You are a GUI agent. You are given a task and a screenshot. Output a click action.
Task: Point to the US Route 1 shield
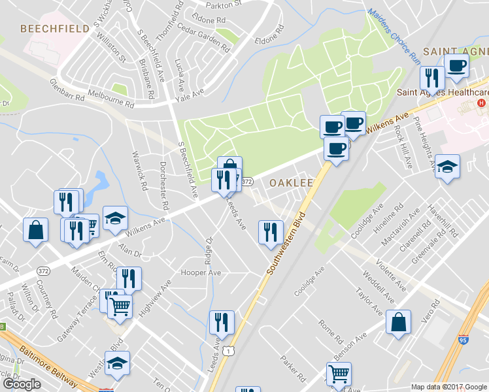227,352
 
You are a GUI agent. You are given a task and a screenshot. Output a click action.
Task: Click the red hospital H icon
482,104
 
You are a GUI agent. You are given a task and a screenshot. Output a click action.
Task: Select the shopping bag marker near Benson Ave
397,322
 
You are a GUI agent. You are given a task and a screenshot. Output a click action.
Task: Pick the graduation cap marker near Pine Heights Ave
447,167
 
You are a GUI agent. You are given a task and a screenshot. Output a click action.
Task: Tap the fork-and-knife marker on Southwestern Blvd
270,231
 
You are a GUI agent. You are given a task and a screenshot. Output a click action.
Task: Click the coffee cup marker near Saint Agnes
456,65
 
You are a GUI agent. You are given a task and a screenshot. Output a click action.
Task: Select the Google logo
22,384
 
